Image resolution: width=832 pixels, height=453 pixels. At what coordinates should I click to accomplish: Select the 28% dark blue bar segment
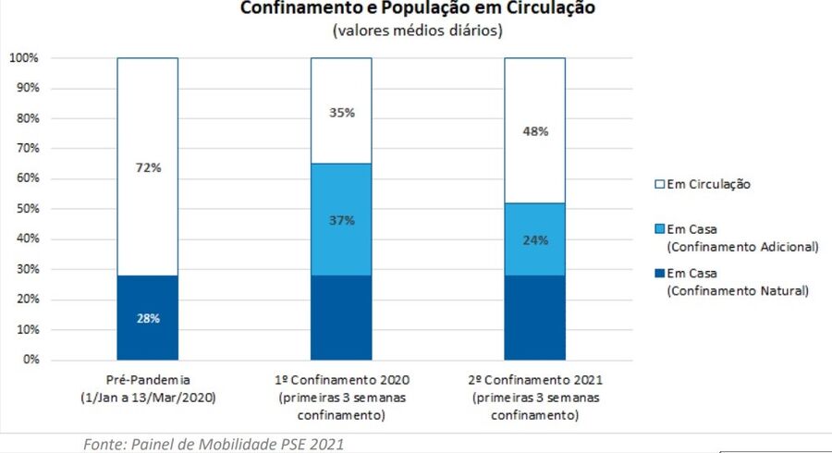coord(148,317)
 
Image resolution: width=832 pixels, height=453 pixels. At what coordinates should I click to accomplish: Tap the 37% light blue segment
coord(341,220)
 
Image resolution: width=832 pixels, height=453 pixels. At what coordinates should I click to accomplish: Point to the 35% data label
coord(341,113)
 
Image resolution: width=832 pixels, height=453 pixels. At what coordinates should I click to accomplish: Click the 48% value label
coord(534,131)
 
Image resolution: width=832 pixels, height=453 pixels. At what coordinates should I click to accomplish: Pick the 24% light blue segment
coord(534,240)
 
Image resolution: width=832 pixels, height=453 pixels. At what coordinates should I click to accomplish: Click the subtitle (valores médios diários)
coord(418,31)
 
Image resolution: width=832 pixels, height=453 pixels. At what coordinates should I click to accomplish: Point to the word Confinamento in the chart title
coord(292,8)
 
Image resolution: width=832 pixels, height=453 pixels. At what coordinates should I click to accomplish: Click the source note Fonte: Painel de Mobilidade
coord(214,445)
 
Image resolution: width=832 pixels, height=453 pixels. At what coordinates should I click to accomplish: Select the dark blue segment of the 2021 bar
coord(534,317)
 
